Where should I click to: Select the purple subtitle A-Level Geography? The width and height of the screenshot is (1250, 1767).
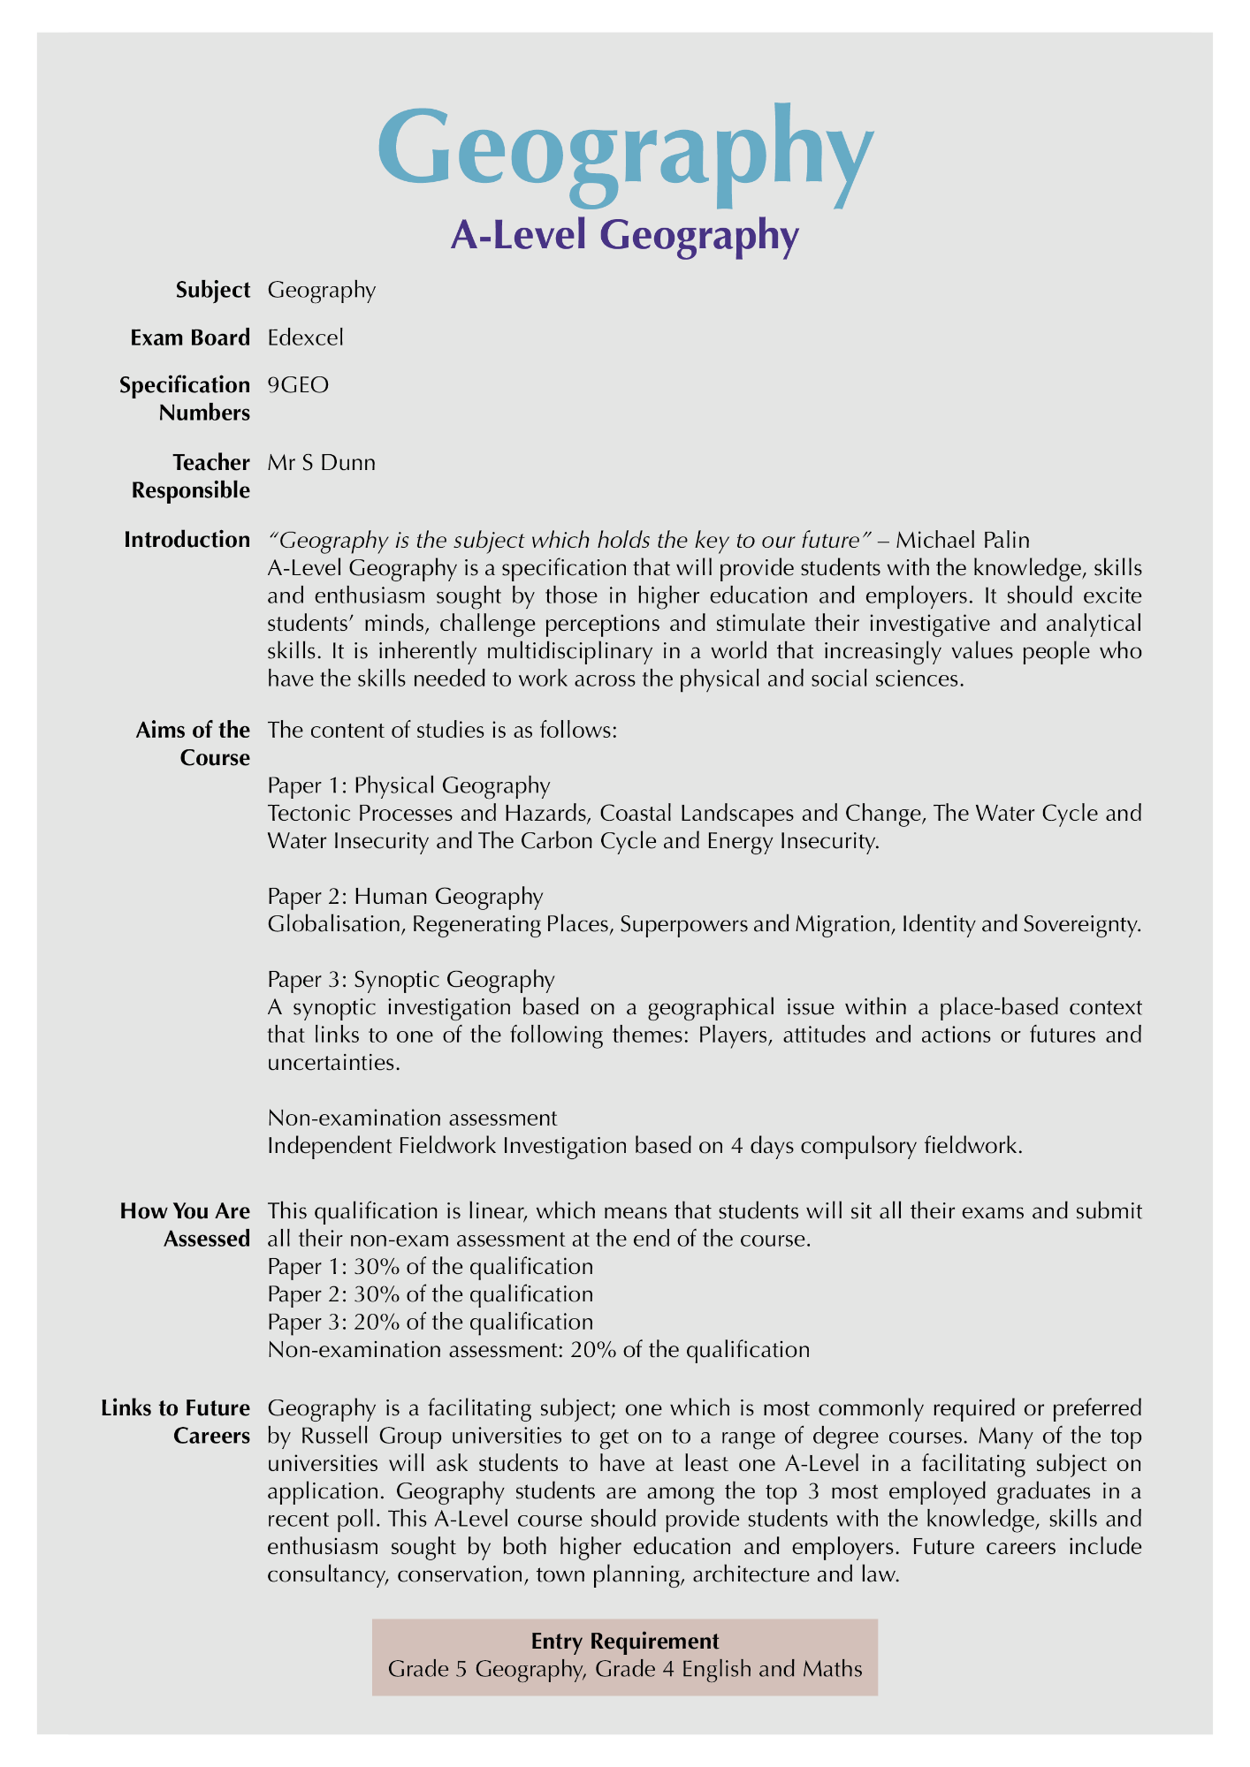coord(625,236)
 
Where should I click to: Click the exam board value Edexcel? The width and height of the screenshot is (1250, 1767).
coord(305,337)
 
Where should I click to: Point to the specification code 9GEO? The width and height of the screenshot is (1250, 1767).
coord(298,385)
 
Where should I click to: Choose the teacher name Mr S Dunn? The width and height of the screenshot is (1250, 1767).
coord(321,463)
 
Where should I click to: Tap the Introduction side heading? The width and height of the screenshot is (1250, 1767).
coord(187,540)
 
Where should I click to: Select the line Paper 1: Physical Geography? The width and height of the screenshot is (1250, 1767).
coord(408,785)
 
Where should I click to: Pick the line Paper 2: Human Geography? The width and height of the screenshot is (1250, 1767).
coord(405,896)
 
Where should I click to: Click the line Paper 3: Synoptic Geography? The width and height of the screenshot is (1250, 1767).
coord(411,979)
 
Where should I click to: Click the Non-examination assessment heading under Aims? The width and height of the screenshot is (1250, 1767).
coord(412,1118)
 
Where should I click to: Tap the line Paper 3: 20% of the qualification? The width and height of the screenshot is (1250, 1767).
coord(430,1322)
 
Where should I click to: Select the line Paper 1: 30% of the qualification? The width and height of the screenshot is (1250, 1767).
coord(430,1266)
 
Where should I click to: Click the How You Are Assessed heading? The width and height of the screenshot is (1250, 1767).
coord(185,1225)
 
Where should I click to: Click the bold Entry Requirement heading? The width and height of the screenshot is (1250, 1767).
coord(625,1641)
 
